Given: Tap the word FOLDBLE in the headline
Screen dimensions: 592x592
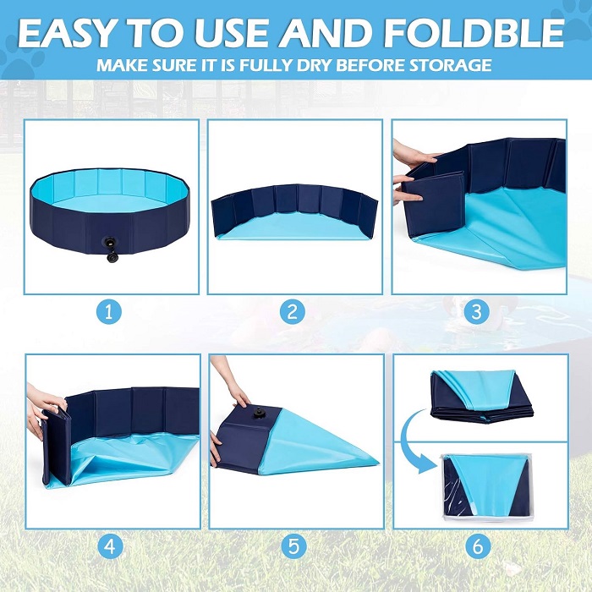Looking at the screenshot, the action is pos(474,32).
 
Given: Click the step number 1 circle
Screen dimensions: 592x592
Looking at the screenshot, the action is pos(109,312).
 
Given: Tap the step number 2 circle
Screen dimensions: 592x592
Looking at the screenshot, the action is pos(293,312).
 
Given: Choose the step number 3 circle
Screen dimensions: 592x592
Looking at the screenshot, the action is pos(476,312).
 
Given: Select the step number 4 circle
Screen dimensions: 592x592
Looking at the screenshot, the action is pos(111,546).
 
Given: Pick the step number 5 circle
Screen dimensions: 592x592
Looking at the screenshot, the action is pos(294,546).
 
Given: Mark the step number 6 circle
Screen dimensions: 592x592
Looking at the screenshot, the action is pos(478,546).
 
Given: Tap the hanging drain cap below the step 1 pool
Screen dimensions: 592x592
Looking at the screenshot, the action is pos(112,257).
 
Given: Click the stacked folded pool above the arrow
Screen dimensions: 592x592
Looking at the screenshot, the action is pos(482,397).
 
